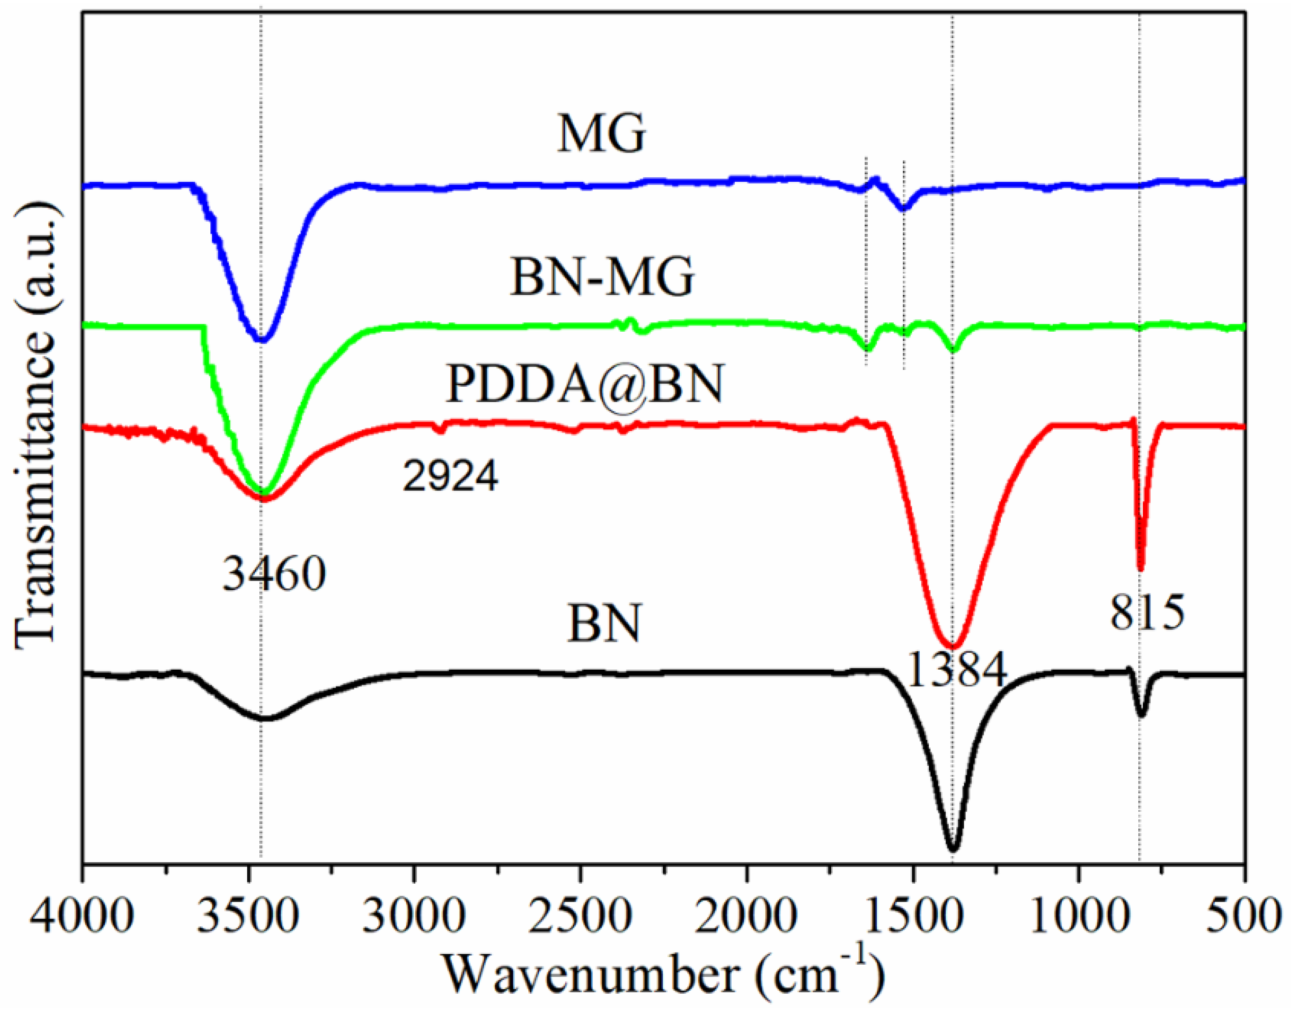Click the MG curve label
(600, 135)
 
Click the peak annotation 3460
(274, 574)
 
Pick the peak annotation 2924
(450, 476)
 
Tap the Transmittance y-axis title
(37, 424)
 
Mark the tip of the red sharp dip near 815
(1140, 568)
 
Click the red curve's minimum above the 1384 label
(953, 645)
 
